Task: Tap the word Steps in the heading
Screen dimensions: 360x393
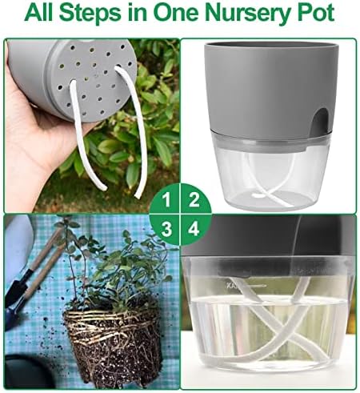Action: (91, 14)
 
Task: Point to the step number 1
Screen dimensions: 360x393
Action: (166, 200)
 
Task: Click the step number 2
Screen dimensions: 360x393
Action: (194, 200)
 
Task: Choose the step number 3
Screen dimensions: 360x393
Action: (166, 229)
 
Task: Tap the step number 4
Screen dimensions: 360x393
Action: (194, 229)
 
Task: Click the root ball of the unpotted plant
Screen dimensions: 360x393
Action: (114, 344)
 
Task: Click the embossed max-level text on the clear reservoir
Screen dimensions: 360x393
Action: (231, 286)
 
